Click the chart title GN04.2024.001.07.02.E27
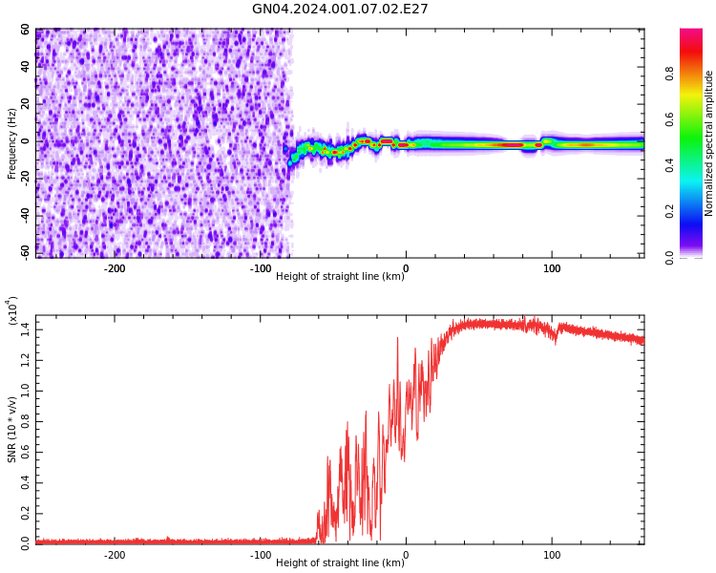coord(340,10)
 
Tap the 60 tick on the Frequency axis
coord(26,30)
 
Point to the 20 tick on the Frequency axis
coord(26,104)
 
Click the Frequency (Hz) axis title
coord(12,143)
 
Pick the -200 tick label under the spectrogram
coord(114,268)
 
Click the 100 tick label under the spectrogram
coord(551,268)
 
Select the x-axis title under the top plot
coord(340,276)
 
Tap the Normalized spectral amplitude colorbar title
coord(709,143)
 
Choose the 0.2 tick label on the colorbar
coord(697,211)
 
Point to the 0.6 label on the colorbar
coord(697,119)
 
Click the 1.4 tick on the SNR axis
coord(25,329)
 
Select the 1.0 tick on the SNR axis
coord(25,391)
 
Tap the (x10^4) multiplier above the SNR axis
coord(12,311)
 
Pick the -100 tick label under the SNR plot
coord(260,555)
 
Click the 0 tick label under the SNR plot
coord(406,555)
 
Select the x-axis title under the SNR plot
coord(340,562)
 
